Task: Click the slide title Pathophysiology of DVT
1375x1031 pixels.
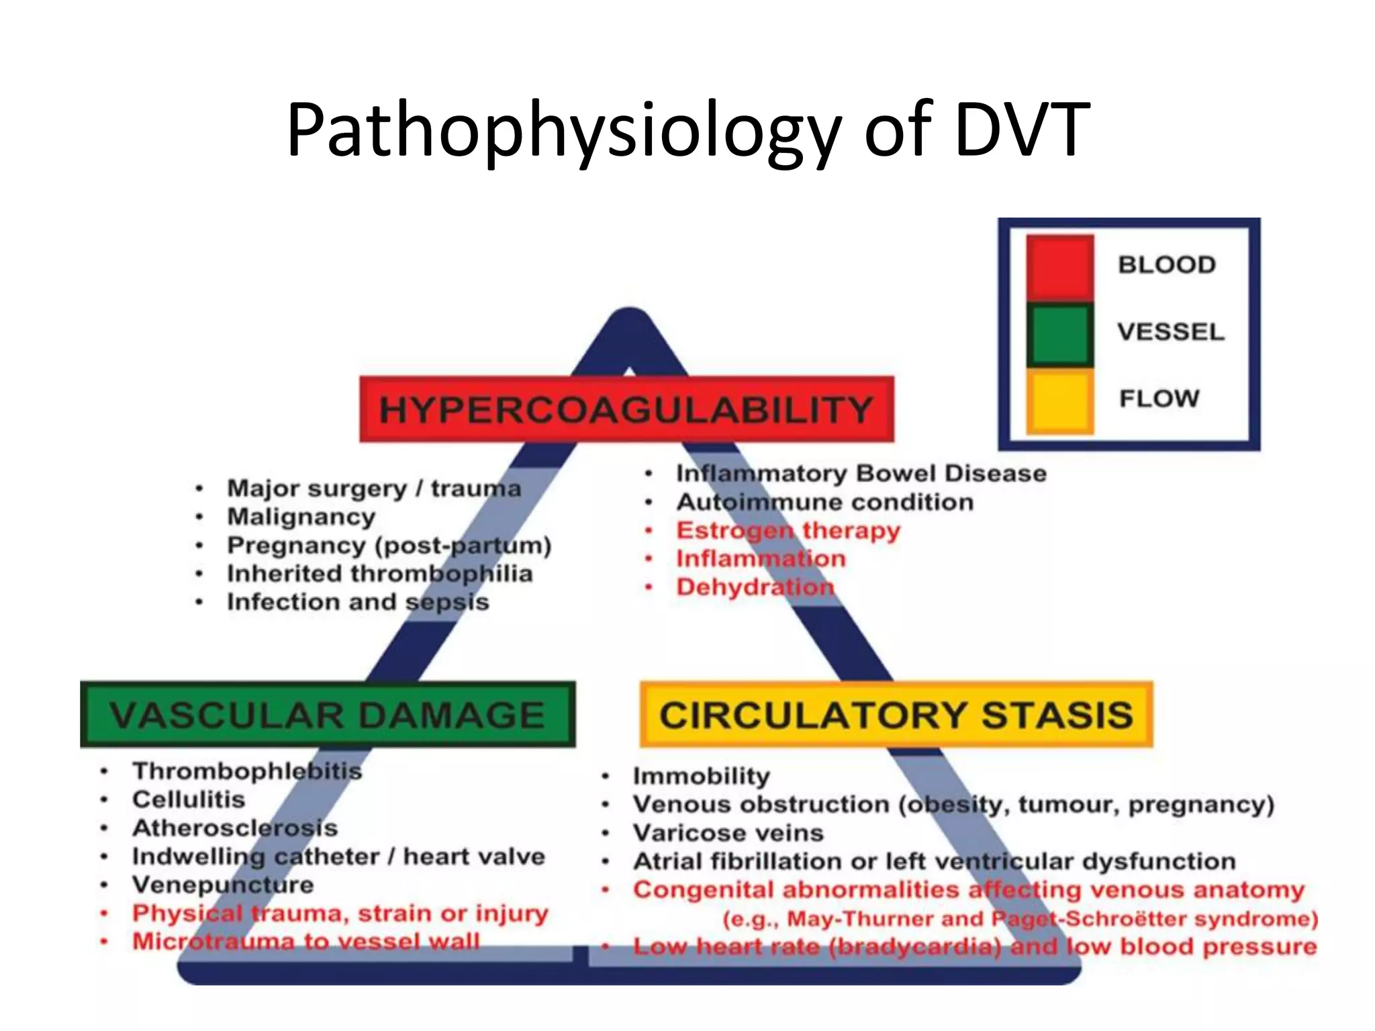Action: (687, 129)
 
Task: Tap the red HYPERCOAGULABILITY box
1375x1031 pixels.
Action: (626, 409)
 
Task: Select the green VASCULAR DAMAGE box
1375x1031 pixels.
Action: (328, 715)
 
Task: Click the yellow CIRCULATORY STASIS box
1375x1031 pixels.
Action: (896, 715)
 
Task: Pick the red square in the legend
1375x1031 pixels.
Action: (1059, 266)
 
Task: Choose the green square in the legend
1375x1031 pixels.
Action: (1059, 334)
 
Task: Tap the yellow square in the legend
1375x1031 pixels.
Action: (1059, 400)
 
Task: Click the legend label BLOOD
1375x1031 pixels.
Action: (1167, 264)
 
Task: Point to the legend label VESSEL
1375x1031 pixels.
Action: (1171, 332)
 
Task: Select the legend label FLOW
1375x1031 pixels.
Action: (1159, 399)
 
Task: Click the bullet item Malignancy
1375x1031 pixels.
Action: (301, 517)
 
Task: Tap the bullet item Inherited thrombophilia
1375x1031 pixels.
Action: (380, 574)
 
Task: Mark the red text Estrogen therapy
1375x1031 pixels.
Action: (788, 530)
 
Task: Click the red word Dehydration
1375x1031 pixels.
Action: (755, 587)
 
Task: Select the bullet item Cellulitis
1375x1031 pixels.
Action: (189, 799)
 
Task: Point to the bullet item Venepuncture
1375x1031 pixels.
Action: (223, 885)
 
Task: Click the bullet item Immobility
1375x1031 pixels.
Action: (702, 776)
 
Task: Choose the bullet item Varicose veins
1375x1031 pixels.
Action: (728, 833)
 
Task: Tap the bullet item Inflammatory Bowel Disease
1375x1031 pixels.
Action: (861, 473)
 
